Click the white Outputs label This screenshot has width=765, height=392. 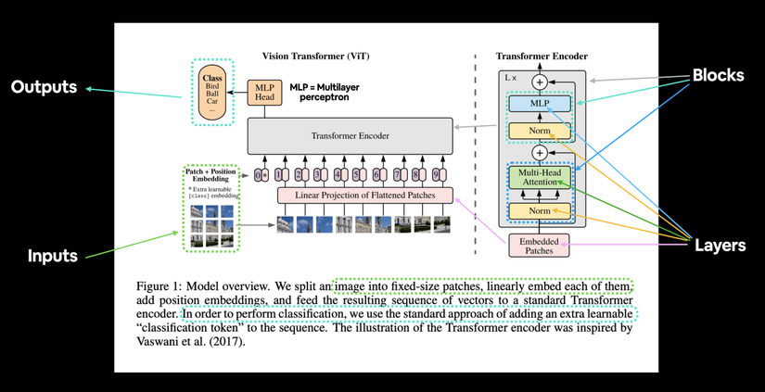pos(43,87)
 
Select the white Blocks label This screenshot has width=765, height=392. pos(717,76)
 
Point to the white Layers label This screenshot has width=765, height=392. pos(720,246)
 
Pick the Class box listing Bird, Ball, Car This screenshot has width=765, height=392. pos(212,93)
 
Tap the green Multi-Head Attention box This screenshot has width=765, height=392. pos(539,177)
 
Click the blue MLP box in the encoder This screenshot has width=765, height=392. pos(539,105)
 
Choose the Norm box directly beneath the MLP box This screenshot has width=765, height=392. pos(539,132)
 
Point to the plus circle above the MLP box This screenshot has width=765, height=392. pos(539,82)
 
